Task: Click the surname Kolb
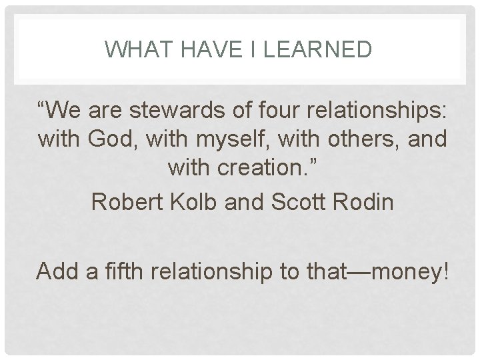tap(199, 201)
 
